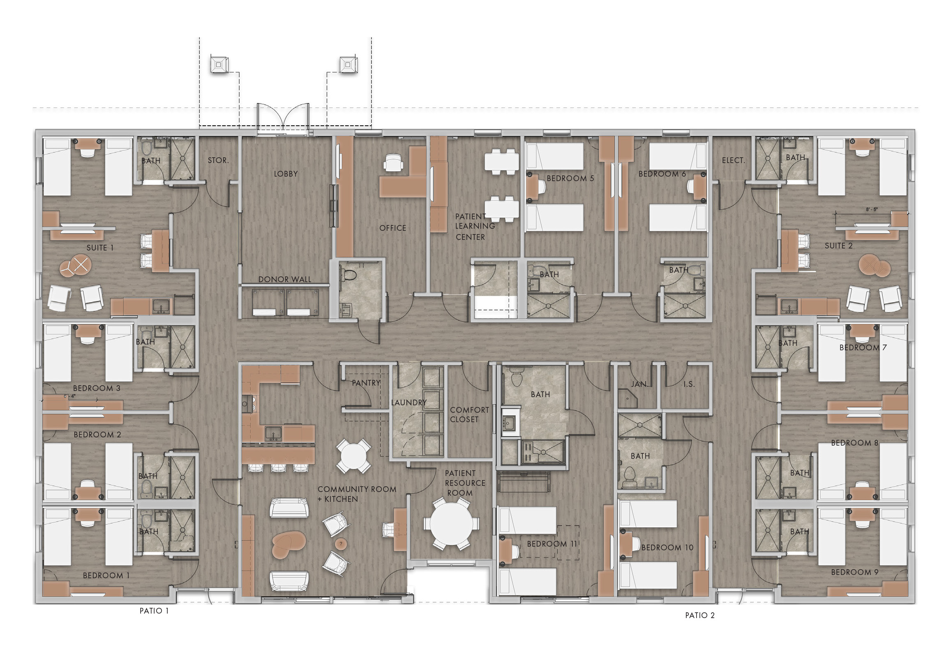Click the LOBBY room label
(286, 174)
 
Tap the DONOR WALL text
(284, 279)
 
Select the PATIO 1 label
(154, 611)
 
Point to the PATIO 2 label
(700, 615)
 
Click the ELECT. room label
(733, 160)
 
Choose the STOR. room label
(218, 160)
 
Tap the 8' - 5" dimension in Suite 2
(872, 209)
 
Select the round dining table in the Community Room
(353, 456)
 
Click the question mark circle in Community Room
(341, 544)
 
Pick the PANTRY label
(366, 383)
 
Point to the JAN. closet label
(639, 384)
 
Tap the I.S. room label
(689, 384)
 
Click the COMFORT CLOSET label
(469, 414)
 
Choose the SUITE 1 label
(100, 248)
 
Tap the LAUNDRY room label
(409, 402)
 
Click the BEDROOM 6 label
(662, 174)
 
